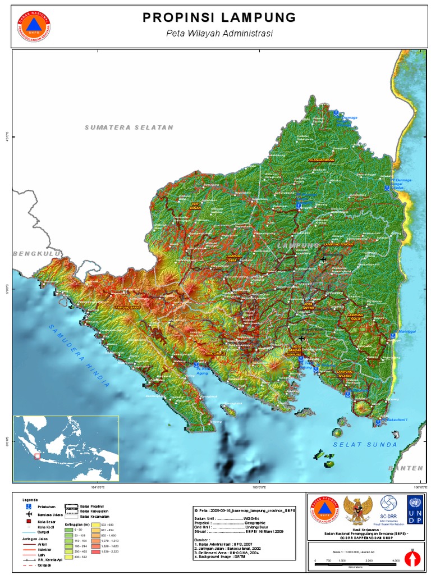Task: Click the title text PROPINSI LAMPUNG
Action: [x=219, y=18]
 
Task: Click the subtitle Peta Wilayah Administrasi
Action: [x=219, y=34]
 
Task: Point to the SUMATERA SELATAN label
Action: [x=129, y=127]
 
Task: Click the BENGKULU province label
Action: [x=36, y=254]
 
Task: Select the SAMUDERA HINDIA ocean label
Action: [x=79, y=355]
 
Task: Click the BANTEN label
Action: [x=406, y=468]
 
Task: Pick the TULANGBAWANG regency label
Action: [x=320, y=160]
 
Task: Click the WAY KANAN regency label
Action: [x=195, y=206]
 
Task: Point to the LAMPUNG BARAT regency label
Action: [x=127, y=308]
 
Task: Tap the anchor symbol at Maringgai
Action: [x=393, y=336]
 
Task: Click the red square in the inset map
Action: [x=38, y=456]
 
